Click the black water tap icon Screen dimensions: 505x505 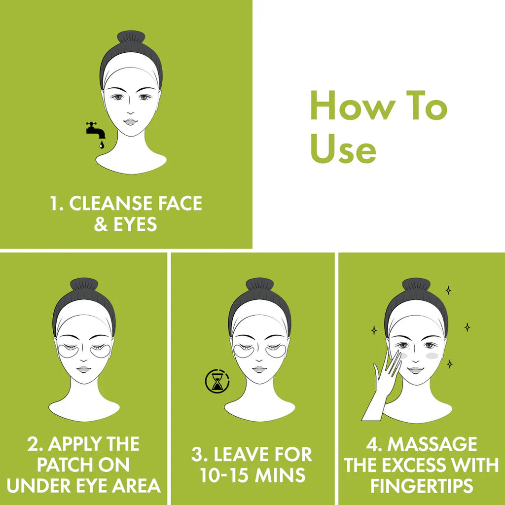click(95, 130)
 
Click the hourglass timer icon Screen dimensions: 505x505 click(217, 382)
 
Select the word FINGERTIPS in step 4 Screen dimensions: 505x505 click(422, 486)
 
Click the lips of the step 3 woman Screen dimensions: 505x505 click(259, 369)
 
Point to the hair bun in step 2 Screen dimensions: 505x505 click(84, 285)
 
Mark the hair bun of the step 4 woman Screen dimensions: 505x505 click(416, 285)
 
